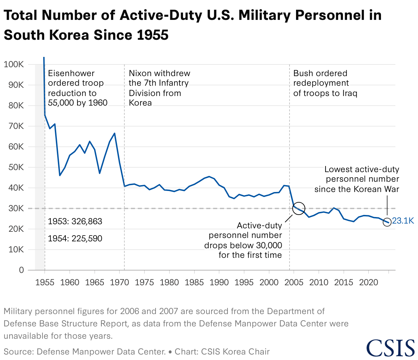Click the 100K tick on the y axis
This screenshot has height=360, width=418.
pos(14,64)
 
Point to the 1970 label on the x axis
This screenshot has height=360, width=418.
pos(120,283)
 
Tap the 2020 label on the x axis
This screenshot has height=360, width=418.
pos(369,283)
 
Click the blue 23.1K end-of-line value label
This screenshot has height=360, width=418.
pos(403,221)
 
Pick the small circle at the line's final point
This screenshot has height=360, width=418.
pos(387,222)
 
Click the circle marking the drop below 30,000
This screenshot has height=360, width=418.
pos(298,208)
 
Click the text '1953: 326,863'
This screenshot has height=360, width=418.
pos(75,221)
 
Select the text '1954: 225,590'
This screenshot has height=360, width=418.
pos(75,239)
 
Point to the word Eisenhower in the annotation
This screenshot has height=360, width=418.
pos(71,73)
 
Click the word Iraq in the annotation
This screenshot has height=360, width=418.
pos(349,93)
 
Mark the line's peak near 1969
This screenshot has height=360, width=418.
pos(114,133)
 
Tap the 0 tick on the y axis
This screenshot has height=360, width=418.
pos(22,270)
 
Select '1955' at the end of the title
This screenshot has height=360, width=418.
pos(152,35)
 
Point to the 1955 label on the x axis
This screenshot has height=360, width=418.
pos(45,283)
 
